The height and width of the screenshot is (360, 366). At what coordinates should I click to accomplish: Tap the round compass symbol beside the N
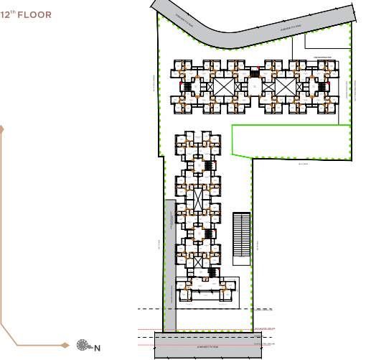pyautogui.click(x=84, y=347)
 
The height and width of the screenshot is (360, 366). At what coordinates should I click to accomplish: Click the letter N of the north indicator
pyautogui.click(x=97, y=349)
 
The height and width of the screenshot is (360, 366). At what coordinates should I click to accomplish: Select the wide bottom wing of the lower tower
pyautogui.click(x=207, y=291)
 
